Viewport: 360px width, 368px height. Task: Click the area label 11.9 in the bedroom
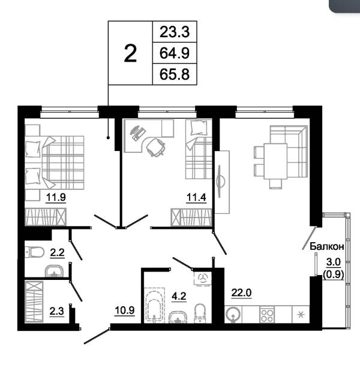(56, 197)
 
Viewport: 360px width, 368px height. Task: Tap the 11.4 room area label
(196, 197)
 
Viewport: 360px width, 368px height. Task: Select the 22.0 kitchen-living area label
(242, 292)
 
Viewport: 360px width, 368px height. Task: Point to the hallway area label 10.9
(125, 310)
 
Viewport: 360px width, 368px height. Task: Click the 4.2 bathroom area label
(179, 296)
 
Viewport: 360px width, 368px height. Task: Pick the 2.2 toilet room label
(57, 253)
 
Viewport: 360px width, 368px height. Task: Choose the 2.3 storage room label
(57, 312)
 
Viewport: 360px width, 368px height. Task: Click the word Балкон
(327, 246)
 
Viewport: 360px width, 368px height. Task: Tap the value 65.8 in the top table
(175, 74)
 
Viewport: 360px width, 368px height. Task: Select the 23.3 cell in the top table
(175, 32)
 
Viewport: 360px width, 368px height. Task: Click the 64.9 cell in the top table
(175, 53)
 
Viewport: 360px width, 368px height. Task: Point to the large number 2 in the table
(130, 54)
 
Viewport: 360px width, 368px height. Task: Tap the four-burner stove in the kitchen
(267, 315)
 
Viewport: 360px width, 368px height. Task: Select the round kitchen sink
(233, 315)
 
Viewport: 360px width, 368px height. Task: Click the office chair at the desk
(155, 147)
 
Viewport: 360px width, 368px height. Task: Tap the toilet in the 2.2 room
(35, 252)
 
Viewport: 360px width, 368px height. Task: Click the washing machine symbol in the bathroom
(203, 278)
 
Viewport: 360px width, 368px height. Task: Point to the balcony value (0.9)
(334, 274)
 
